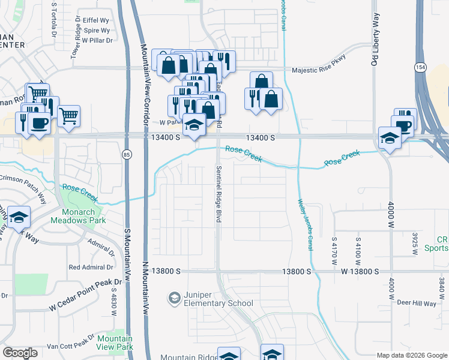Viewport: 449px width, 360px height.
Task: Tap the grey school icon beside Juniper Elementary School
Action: click(175, 298)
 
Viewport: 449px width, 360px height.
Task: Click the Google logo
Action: click(20, 352)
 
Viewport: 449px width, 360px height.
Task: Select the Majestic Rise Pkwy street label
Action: click(319, 70)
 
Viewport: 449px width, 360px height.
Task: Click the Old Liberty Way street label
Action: click(375, 38)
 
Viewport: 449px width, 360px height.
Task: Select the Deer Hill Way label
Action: click(415, 304)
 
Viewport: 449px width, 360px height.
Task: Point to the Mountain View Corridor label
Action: click(145, 84)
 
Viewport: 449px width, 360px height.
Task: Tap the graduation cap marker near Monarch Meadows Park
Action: click(19, 218)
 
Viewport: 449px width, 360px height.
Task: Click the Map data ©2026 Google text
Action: click(411, 355)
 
